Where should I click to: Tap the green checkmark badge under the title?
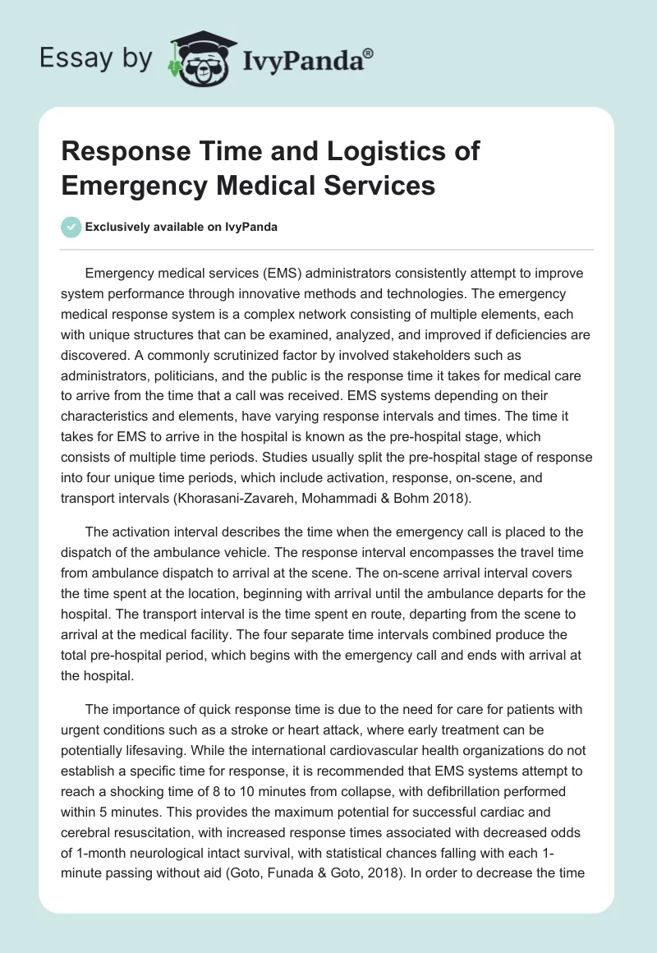(71, 227)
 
